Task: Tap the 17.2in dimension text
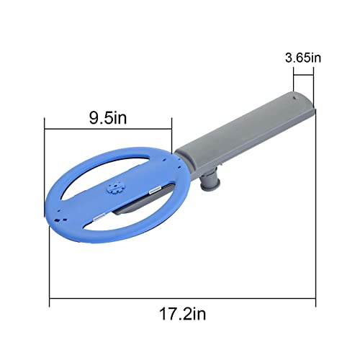tap(182, 314)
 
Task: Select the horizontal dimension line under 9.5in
tap(108, 129)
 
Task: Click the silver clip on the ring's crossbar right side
tap(153, 192)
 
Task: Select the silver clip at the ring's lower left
tap(102, 216)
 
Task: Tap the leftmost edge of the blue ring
tap(49, 205)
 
